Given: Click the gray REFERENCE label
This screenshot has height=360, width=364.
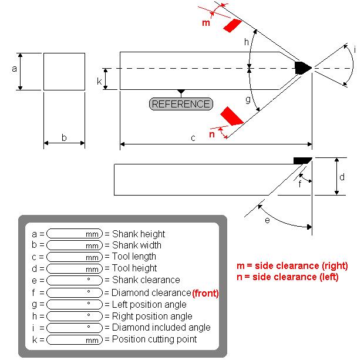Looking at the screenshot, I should [181, 104].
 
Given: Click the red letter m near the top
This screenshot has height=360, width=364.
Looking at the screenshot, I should [205, 23].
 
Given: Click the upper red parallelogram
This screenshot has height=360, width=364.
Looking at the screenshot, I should [232, 26].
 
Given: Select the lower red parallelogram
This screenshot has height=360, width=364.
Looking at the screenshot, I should [231, 116].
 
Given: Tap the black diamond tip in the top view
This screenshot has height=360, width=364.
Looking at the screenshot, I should [303, 68].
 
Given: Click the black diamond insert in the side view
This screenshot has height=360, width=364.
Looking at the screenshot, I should [303, 160].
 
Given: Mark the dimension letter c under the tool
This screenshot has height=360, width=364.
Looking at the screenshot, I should [193, 139].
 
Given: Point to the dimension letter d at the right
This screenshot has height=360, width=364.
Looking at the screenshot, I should [342, 177].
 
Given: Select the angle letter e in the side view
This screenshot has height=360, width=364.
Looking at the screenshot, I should [268, 220].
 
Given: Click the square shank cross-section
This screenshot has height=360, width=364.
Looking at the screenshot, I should [64, 72].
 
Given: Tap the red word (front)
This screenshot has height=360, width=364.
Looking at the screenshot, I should [205, 292].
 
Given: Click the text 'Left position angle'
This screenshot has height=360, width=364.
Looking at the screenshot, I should [149, 304].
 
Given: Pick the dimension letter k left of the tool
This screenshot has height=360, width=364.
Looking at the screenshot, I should [100, 80].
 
